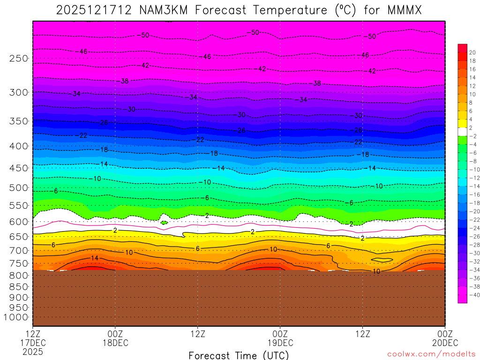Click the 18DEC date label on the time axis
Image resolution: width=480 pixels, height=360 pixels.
(115, 342)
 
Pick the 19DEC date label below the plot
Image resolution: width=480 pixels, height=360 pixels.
(280, 342)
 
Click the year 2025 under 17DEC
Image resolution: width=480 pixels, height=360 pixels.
(32, 351)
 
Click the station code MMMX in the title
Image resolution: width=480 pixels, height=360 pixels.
(403, 10)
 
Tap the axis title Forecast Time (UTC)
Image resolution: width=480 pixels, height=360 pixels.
(239, 355)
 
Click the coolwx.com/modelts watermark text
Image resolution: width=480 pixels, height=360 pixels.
(431, 354)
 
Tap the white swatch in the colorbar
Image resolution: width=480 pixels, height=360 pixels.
(462, 131)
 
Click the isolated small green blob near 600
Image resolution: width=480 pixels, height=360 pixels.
(164, 222)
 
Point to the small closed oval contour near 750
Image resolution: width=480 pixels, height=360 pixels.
(382, 259)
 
